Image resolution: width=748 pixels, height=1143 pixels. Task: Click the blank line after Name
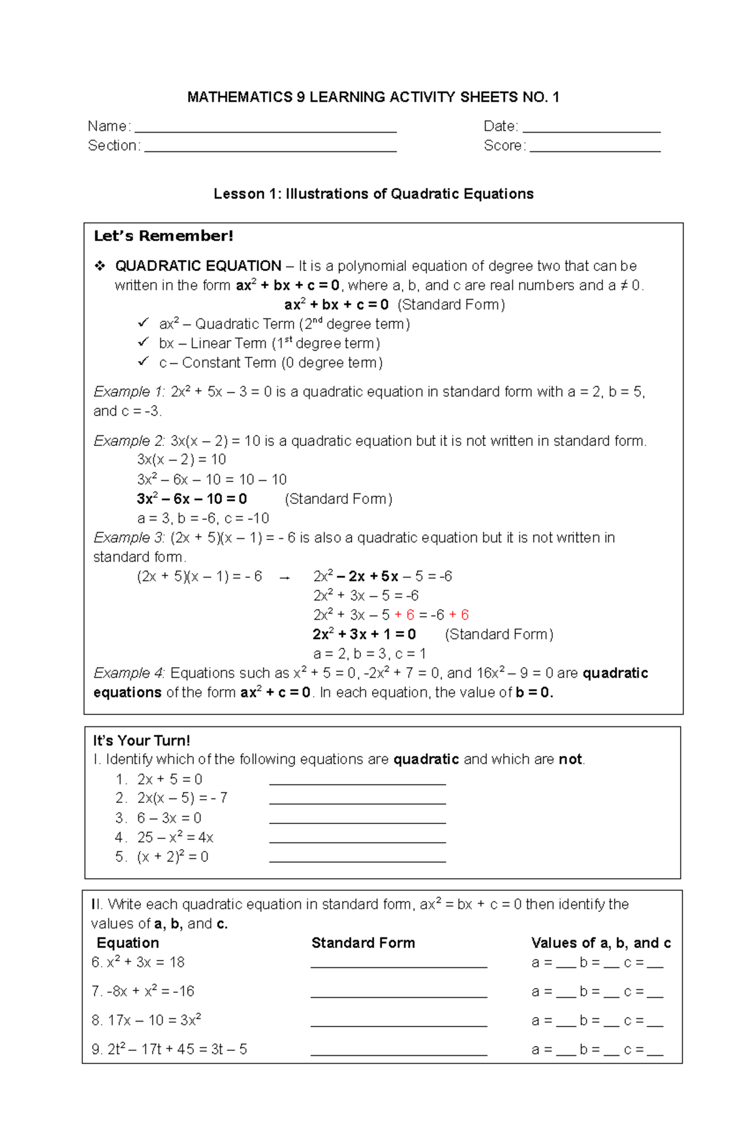266,131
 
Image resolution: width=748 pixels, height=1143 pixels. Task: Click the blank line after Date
592,131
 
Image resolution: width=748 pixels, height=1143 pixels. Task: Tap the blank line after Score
595,150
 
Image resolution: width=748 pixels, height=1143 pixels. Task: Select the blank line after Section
270,150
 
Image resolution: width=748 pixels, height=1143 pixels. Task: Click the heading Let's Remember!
163,236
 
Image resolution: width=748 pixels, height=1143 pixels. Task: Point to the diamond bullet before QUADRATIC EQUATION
100,267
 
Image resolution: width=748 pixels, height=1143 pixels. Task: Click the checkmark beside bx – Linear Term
143,343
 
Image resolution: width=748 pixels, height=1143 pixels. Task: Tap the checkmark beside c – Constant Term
143,362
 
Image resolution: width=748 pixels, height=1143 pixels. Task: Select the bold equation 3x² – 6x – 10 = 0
192,499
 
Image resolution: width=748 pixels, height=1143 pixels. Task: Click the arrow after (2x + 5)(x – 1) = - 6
285,577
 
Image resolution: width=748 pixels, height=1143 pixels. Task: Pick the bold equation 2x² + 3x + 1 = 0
364,634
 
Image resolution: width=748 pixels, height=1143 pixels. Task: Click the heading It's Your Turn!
141,741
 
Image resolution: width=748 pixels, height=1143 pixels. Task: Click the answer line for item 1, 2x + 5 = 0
357,783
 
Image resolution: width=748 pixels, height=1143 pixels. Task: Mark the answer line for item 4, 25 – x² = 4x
357,841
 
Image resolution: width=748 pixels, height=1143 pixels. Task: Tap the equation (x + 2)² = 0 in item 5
173,857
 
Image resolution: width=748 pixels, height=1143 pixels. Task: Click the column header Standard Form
363,943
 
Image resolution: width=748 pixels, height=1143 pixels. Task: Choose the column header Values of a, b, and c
600,943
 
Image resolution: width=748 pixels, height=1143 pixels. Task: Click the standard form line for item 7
398,995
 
